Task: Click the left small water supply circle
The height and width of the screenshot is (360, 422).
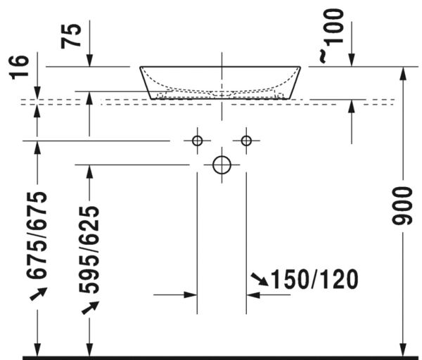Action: click(197, 141)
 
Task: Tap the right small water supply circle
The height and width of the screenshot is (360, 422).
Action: click(245, 141)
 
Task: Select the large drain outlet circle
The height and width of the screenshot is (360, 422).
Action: click(222, 165)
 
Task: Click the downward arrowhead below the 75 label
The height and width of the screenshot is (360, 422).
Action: click(89, 63)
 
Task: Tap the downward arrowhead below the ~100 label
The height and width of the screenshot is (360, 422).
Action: click(352, 63)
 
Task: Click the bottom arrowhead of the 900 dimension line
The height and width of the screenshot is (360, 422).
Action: click(402, 350)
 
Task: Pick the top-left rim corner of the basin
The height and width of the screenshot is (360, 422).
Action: click(140, 67)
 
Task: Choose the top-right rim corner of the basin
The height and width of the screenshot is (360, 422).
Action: click(300, 67)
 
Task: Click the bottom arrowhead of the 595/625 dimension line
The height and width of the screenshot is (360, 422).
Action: click(89, 350)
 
